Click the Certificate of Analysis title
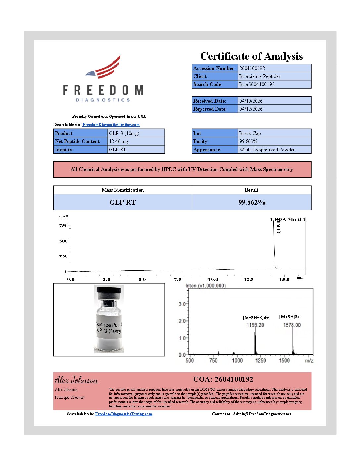pos(251,56)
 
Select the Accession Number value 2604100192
pos(252,68)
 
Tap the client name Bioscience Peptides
pos(260,76)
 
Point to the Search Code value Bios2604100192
pos(257,84)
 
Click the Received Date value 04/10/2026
pos(251,101)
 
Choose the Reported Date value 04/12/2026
pos(251,109)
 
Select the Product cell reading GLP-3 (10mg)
pos(124,133)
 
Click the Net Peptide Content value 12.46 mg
pos(118,141)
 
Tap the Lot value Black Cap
pos(250,133)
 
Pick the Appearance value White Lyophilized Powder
pos(267,150)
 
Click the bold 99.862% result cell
pos(251,202)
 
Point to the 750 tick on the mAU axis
pos(63,226)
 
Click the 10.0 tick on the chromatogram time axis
pos(213,279)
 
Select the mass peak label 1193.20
pos(255,325)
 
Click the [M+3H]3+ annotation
pos(290,317)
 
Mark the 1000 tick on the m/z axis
pos(237,360)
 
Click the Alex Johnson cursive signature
pos(76,380)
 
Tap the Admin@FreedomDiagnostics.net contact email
pos(262,414)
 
